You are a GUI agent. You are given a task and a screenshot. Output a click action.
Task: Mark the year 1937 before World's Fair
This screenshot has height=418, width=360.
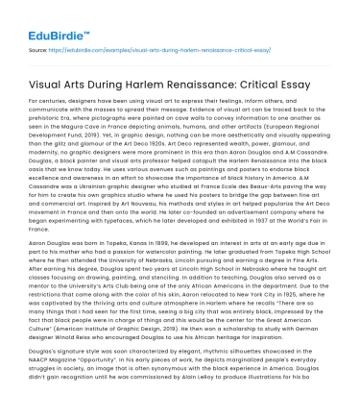coord(248,244)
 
